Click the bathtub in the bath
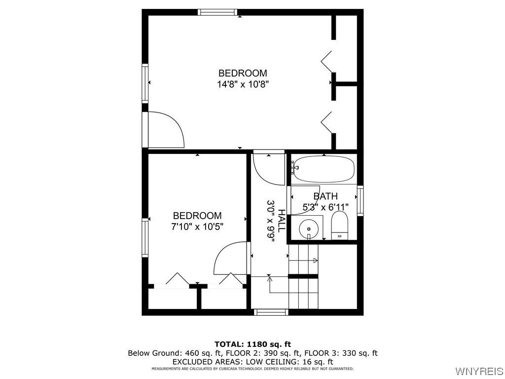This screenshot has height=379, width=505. pos(324,169)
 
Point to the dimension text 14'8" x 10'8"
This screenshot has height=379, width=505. pos(243,84)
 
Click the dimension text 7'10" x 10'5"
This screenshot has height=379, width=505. pos(197,227)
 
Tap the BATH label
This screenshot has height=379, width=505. pos(325,196)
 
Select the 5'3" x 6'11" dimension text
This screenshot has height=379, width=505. pos(325,207)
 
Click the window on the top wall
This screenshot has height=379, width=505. pos(217,12)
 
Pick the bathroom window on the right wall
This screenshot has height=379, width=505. pos(361,200)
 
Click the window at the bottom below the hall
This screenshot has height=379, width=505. pos(271,312)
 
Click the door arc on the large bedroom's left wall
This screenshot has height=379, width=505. pos(165,130)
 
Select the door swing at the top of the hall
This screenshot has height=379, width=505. pos(268,169)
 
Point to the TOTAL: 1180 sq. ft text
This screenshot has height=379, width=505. pos(252,344)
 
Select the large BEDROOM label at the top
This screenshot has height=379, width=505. pos(243,74)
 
